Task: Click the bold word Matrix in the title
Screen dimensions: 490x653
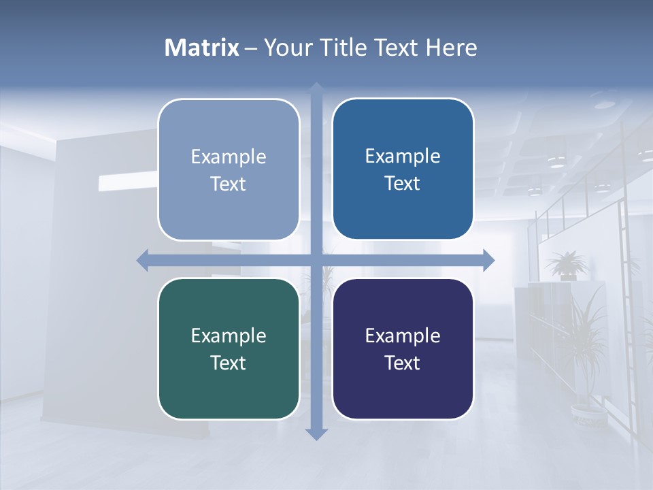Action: [202, 48]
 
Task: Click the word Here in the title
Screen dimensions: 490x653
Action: [451, 48]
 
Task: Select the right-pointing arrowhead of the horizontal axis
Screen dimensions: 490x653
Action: [488, 260]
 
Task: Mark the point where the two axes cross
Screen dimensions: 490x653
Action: [316, 260]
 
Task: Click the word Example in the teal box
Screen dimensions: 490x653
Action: [229, 336]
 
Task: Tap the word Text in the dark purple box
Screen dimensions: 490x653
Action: [403, 363]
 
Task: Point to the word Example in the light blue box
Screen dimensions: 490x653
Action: [229, 157]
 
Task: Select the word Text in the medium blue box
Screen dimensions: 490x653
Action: [403, 183]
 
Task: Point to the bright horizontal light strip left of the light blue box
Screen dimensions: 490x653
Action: [128, 182]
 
